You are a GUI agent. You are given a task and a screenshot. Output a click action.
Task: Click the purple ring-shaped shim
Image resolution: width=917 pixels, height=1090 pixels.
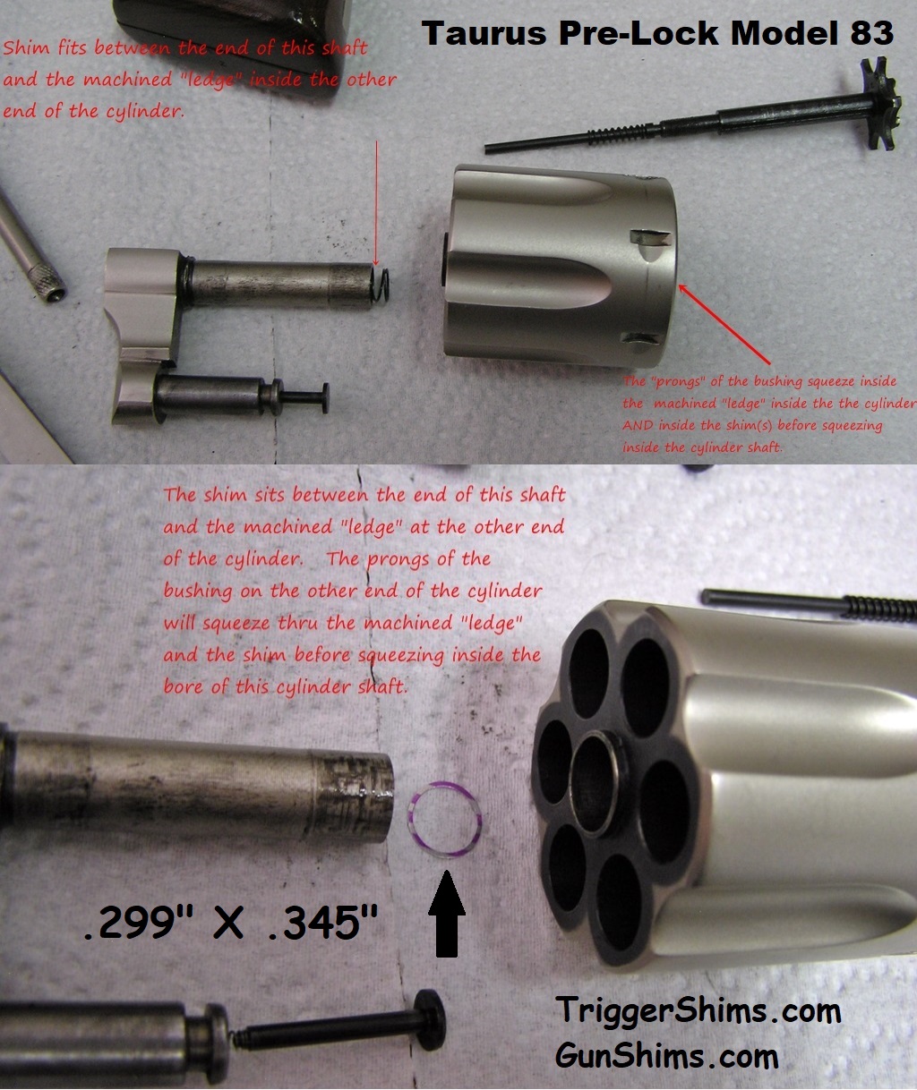(x=446, y=817)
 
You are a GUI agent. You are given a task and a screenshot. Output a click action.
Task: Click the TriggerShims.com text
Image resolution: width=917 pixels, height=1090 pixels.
(x=698, y=1010)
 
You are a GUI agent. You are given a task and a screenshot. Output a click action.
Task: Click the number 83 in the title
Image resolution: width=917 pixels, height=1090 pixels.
(x=868, y=33)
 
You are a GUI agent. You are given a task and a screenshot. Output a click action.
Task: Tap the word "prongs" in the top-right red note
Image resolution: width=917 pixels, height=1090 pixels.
(x=678, y=381)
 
